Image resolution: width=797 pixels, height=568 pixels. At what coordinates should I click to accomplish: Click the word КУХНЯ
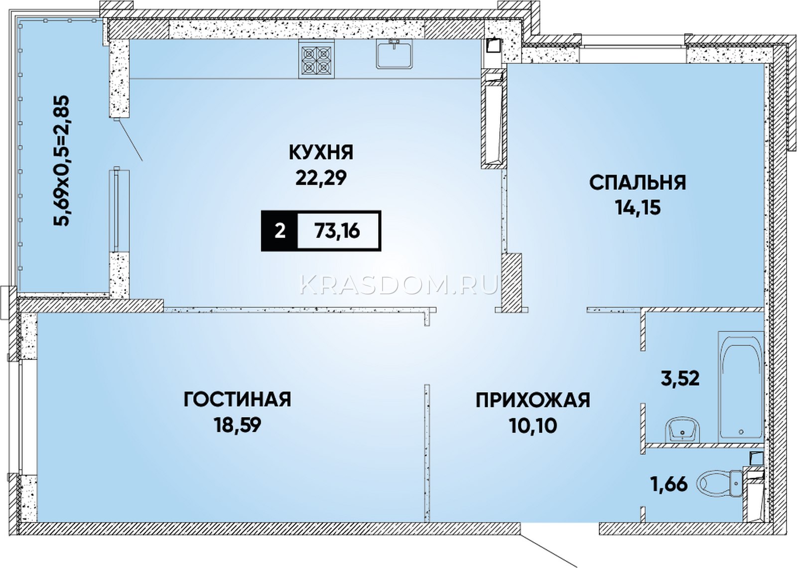[x=321, y=152]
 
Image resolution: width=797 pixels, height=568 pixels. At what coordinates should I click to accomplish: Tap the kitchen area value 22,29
[x=321, y=178]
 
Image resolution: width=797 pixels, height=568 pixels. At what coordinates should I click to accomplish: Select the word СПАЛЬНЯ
[x=638, y=182]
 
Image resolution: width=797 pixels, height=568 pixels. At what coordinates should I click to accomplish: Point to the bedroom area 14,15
[x=638, y=207]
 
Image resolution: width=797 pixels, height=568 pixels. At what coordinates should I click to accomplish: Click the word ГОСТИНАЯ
[x=237, y=399]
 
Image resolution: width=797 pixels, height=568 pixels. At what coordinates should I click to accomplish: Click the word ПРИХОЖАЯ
[x=533, y=401]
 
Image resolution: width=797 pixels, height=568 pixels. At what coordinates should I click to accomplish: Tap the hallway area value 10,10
[x=533, y=426]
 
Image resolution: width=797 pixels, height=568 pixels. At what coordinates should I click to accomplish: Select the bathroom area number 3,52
[x=680, y=378]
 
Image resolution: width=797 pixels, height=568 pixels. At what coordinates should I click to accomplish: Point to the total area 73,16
[x=337, y=231]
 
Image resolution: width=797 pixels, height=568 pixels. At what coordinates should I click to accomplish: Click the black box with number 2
[x=279, y=231]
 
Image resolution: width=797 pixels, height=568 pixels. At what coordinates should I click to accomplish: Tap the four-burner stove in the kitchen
[x=316, y=59]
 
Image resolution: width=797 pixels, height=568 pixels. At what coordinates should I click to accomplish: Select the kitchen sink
[x=394, y=54]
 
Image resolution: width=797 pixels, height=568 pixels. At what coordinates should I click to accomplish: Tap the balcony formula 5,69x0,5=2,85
[x=61, y=160]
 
